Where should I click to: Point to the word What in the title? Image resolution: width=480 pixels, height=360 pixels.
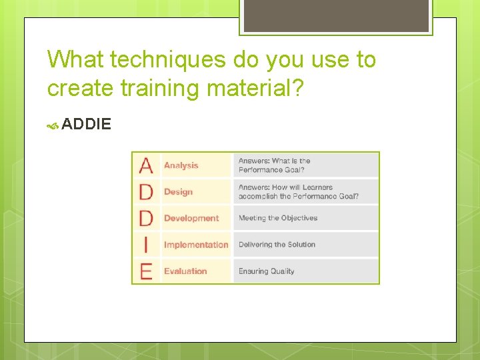point(75,60)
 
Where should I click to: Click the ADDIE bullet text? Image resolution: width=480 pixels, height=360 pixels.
point(86,124)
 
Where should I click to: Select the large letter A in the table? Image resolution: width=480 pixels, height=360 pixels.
point(146,165)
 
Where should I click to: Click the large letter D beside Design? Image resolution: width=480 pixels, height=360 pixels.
point(146,192)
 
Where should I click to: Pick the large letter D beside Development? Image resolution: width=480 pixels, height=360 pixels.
point(146,218)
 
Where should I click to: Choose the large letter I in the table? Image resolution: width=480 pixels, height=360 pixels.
point(146,245)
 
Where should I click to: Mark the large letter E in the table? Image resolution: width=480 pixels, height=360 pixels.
point(146,271)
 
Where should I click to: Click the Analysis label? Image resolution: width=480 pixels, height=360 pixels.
point(181,165)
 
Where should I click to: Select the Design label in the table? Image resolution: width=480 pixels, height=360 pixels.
point(178,192)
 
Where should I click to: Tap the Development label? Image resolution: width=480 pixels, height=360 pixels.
point(191,218)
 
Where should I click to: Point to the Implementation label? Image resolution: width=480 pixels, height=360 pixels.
point(196,245)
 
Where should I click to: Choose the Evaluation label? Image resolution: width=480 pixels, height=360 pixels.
point(185,271)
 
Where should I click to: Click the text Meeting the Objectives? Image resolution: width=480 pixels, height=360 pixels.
point(278,218)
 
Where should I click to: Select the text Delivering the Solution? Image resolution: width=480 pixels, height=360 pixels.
point(277,245)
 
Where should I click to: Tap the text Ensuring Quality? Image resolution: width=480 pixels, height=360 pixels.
point(266,271)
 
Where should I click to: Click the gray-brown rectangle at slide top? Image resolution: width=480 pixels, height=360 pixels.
point(335,15)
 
